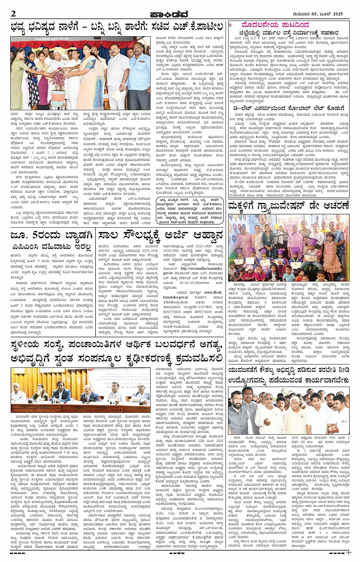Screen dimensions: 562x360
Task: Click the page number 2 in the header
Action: pos(13,14)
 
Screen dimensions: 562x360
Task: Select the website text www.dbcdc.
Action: pos(213,292)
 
